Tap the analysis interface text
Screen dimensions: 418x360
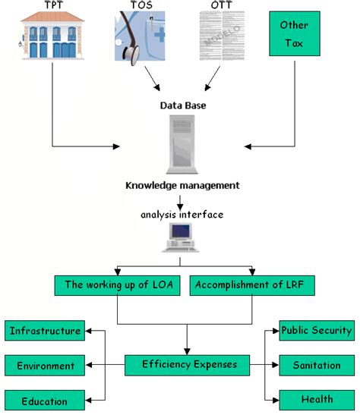(182, 215)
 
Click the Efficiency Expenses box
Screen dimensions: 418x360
(189, 365)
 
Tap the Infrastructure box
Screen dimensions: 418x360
(44, 331)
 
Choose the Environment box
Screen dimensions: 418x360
(44, 366)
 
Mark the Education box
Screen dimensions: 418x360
(44, 401)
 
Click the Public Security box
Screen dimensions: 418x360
(317, 330)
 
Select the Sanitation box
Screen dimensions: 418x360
(317, 365)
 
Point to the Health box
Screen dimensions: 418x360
(317, 400)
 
